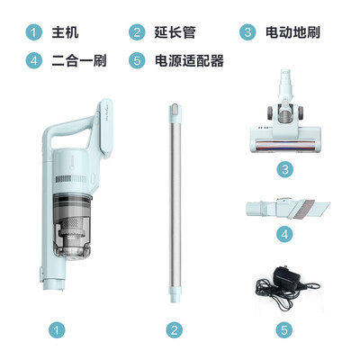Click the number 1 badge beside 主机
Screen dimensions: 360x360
34,33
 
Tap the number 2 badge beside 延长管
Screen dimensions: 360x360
137,33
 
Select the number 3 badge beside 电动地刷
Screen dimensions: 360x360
247,33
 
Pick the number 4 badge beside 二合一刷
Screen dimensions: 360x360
34,61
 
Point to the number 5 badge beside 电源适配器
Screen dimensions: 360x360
137,61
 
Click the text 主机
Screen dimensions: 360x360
66,33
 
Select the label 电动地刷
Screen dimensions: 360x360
291,33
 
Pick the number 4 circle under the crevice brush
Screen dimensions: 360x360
284,237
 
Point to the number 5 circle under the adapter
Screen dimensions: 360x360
284,330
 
